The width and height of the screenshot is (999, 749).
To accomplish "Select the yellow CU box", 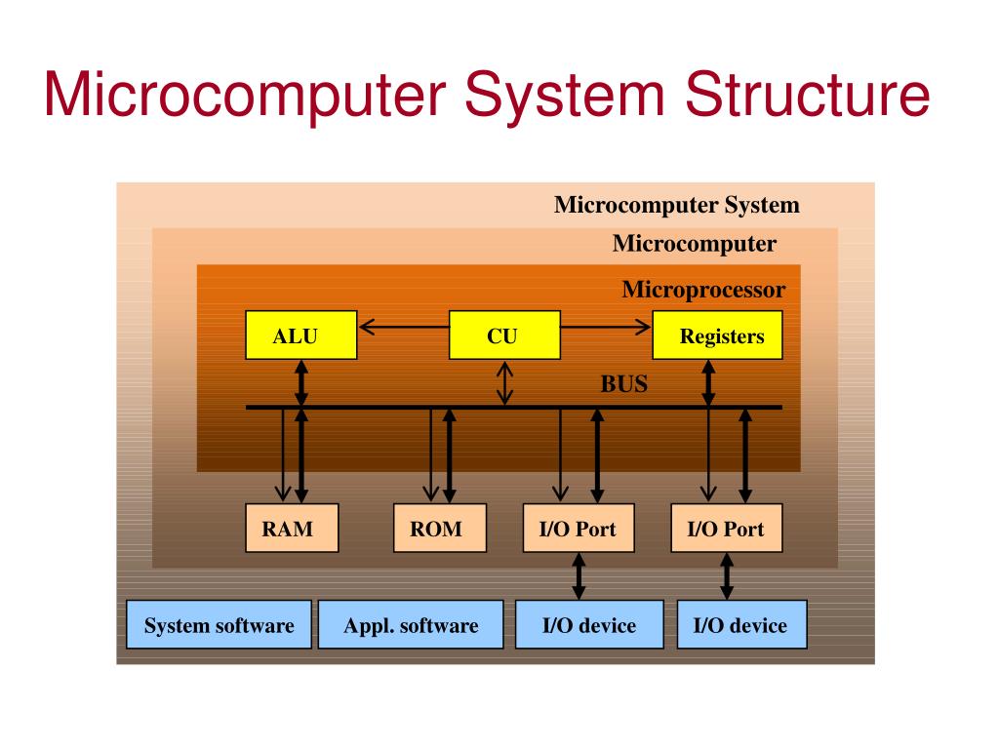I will click(504, 335).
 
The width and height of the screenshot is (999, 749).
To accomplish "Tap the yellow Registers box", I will click(717, 335).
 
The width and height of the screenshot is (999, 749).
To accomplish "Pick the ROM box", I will click(439, 529).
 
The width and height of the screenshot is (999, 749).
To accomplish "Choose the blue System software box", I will click(219, 625).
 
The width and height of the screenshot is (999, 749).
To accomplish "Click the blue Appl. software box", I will click(411, 625).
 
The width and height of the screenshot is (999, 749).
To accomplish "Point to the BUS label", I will click(623, 383).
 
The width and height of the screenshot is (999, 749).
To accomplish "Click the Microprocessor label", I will click(702, 290).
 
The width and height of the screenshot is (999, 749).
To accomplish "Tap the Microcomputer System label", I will click(676, 205).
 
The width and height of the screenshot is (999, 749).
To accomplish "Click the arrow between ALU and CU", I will click(403, 326).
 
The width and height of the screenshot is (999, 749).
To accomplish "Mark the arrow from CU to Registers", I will click(606, 326).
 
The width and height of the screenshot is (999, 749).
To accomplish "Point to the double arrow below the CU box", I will click(504, 383).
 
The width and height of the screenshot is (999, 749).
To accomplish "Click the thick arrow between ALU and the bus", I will click(301, 382).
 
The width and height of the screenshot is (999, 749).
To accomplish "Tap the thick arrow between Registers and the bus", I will click(709, 382).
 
